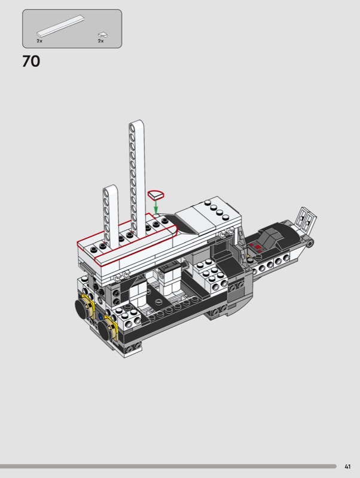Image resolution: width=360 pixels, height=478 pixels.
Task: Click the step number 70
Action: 31,62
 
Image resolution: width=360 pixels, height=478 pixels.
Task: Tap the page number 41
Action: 347,467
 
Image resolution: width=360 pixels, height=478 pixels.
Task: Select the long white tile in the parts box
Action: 61,26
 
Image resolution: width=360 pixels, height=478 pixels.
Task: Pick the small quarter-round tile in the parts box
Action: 102,35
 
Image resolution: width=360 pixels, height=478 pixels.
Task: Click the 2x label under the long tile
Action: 39,41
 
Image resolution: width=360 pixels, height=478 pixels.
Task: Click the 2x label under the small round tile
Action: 100,41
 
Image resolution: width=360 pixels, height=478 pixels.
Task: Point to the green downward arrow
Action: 156,206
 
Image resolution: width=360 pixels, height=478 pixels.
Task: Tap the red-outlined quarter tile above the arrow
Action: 155,194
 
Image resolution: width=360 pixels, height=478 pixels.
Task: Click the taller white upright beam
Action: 137,177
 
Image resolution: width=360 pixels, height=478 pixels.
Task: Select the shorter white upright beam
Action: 111,216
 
